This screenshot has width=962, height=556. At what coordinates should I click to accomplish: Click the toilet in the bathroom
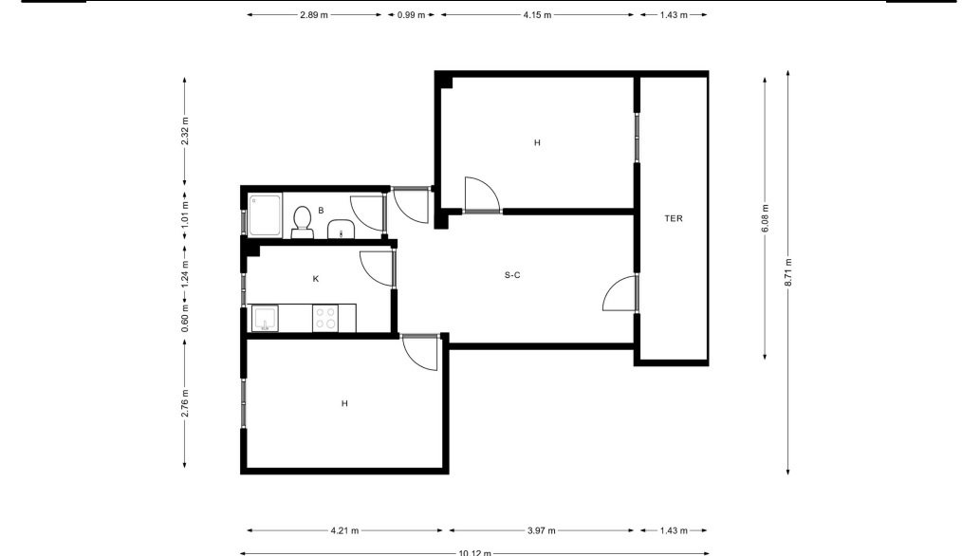[x=302, y=222]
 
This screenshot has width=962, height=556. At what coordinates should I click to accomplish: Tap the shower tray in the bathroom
[x=265, y=214]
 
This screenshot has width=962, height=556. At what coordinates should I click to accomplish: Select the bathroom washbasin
[x=340, y=230]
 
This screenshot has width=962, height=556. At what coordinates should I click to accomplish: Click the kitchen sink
[x=265, y=319]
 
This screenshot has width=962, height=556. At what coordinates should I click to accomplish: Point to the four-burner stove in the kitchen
[x=325, y=319]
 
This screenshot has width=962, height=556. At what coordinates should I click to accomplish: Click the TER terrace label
[x=674, y=218]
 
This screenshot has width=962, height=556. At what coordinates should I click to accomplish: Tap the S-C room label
[x=512, y=275]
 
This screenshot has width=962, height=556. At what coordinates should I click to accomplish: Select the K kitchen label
[x=316, y=279]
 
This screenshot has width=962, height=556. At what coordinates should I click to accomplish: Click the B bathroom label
[x=321, y=211]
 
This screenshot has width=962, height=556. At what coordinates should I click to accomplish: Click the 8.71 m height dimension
[x=788, y=272]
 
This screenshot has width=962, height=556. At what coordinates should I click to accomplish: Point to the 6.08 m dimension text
[x=765, y=219]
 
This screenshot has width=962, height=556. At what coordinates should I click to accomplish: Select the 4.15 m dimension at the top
[x=537, y=15]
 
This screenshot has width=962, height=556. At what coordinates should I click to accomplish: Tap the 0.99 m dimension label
[x=411, y=15]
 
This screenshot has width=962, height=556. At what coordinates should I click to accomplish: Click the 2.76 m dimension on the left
[x=185, y=403]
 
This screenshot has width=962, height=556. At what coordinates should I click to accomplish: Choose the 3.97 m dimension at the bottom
[x=541, y=530]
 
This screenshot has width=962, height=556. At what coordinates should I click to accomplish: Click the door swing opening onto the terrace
[x=620, y=294]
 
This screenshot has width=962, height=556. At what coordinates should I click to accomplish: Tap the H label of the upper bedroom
[x=537, y=143]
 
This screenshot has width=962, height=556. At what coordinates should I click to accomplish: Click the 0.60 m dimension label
[x=185, y=319]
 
